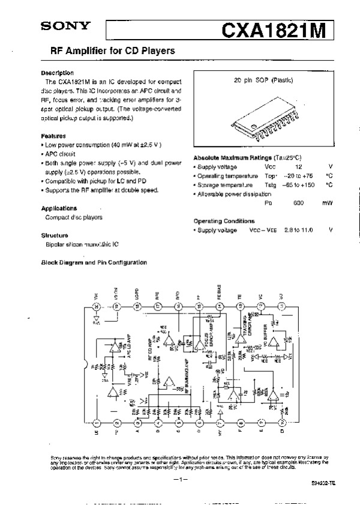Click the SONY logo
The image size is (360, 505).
click(x=65, y=26)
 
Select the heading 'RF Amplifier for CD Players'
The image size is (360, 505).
click(x=107, y=52)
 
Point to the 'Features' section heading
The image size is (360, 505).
click(x=53, y=136)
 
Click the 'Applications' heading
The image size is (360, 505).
click(x=59, y=208)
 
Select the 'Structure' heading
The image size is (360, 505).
click(x=55, y=235)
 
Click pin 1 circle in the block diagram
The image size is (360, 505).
click(x=97, y=423)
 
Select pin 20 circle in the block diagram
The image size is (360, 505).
click(x=97, y=306)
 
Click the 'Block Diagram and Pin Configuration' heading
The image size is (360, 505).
click(x=94, y=263)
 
